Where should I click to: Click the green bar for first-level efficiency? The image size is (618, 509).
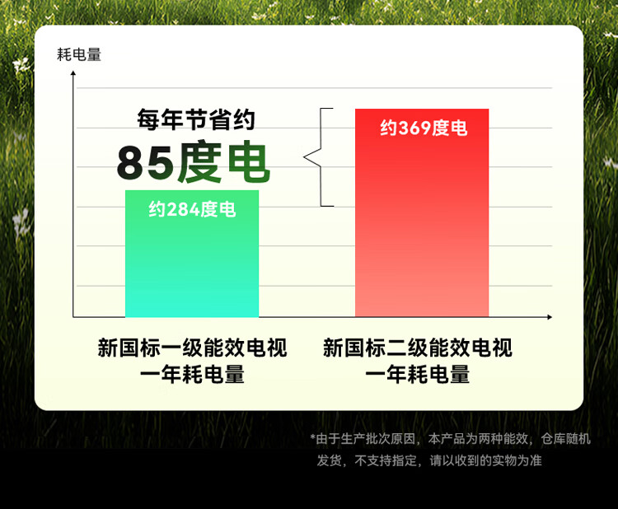(192, 254)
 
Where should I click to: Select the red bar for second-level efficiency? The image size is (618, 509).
(422, 212)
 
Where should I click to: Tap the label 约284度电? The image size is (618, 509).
(192, 209)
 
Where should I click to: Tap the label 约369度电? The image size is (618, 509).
(424, 128)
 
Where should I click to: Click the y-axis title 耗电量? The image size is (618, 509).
(79, 54)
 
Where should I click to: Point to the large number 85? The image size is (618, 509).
(145, 163)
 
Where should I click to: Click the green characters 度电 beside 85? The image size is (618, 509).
(223, 162)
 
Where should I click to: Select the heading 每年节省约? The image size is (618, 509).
(196, 119)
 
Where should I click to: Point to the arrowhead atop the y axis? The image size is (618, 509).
(73, 72)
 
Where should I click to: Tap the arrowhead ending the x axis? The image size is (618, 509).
(550, 317)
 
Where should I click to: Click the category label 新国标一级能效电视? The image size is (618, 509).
(192, 348)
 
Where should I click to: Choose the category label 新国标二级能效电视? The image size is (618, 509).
(418, 348)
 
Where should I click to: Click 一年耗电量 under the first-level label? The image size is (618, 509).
(192, 374)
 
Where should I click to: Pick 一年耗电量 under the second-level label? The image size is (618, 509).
(418, 374)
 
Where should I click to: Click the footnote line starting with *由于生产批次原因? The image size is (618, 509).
(451, 438)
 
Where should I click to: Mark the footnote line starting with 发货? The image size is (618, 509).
(429, 460)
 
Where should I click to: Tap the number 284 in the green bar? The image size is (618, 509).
(184, 209)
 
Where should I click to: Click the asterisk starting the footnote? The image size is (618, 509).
(312, 437)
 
